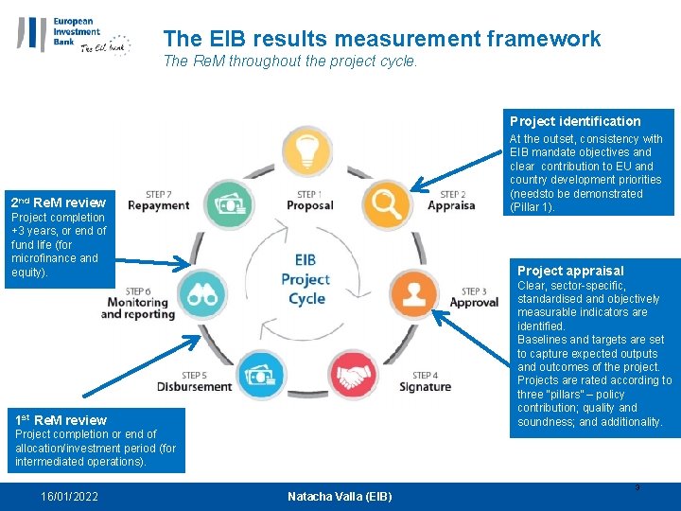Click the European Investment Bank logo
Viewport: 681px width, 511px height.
(x=73, y=36)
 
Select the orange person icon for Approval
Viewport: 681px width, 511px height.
(x=412, y=293)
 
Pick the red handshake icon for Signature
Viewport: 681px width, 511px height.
(x=353, y=376)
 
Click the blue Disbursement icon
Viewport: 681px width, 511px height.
(x=259, y=376)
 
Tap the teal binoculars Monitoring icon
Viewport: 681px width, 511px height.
(x=201, y=294)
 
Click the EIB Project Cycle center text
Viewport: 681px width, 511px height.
(x=305, y=279)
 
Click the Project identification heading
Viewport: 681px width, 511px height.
(x=575, y=121)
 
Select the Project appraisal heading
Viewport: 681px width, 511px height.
(x=570, y=271)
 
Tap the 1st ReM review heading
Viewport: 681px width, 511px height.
(x=61, y=419)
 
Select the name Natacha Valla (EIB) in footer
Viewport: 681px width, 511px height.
(x=340, y=497)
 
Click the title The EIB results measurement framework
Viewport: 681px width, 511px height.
(x=381, y=39)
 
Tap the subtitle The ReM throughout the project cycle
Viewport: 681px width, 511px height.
(x=290, y=62)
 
